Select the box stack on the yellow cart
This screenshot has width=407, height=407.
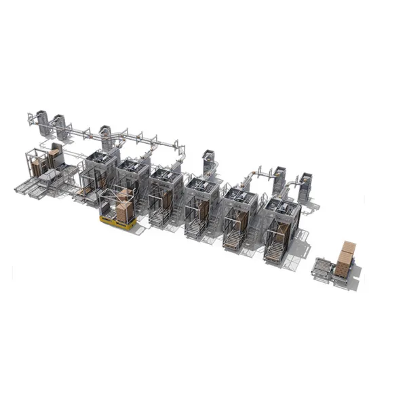(124, 207)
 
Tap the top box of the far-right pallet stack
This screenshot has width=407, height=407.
(348, 247)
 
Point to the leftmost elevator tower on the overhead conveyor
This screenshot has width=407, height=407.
(41, 120)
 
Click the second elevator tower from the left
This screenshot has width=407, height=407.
(61, 125)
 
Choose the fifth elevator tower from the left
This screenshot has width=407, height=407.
(278, 178)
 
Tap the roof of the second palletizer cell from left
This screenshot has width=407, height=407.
(133, 166)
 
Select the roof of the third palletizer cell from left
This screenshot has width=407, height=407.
(166, 175)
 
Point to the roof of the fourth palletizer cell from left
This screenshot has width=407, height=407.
(202, 185)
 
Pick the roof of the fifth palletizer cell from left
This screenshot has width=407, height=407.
(240, 195)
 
